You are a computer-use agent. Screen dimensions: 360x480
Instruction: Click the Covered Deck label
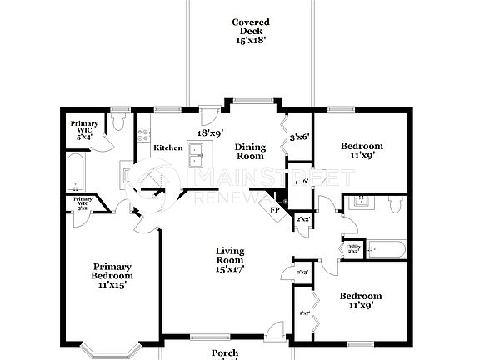249,27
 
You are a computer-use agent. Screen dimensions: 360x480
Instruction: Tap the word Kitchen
168,147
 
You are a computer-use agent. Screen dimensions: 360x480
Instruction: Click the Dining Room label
249,152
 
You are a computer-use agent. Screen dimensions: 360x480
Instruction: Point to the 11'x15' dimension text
112,284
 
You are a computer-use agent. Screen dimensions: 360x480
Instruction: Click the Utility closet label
353,248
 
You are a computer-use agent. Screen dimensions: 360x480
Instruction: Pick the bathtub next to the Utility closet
386,248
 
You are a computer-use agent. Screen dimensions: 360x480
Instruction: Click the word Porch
224,353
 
